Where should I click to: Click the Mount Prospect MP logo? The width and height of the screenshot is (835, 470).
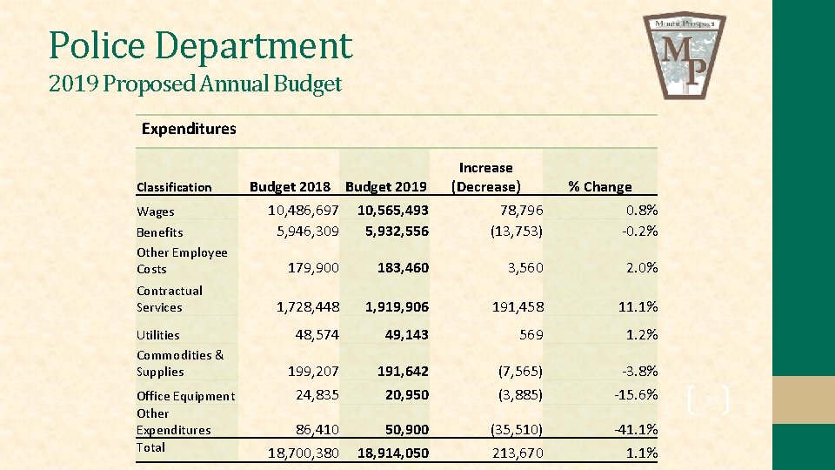[x=685, y=54]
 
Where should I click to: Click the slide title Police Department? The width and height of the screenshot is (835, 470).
[x=201, y=45]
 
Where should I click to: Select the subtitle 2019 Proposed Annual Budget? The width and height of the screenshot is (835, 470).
[x=196, y=84]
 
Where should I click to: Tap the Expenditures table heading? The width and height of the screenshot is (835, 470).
[x=189, y=129]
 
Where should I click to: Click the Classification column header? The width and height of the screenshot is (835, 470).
[x=174, y=187]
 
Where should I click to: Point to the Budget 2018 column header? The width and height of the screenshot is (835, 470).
[x=290, y=186]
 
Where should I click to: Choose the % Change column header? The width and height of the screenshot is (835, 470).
[x=599, y=186]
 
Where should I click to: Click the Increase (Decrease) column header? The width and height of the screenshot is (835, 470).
[x=486, y=177]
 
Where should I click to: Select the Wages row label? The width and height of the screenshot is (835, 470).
[x=156, y=211]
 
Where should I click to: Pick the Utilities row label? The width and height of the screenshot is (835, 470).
[x=158, y=335]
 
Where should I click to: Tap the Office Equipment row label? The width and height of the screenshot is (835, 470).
[x=185, y=396]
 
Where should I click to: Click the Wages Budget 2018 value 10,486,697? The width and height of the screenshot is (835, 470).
[x=304, y=211]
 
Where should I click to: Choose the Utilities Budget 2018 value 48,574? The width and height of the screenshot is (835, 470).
[x=317, y=334]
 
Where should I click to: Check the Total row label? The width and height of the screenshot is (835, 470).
[x=150, y=447]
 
